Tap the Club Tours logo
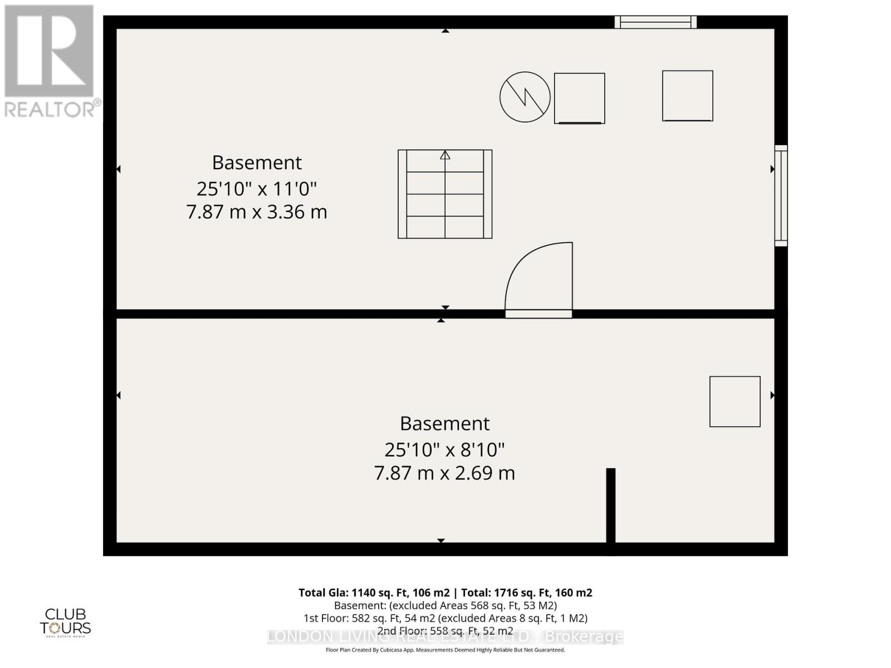[65, 622]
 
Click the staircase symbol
[445, 194]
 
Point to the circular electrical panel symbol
[525, 97]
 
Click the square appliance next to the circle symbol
[579, 98]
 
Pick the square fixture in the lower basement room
[735, 401]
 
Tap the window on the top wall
[655, 22]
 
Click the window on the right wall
[781, 195]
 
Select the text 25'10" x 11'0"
[256, 189]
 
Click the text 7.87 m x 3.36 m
[256, 212]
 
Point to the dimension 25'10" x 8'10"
[444, 449]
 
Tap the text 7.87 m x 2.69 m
[444, 473]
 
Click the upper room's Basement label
[257, 163]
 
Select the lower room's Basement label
[444, 424]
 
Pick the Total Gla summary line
[445, 593]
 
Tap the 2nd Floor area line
[445, 631]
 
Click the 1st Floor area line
[445, 618]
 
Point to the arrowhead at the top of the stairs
[445, 155]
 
